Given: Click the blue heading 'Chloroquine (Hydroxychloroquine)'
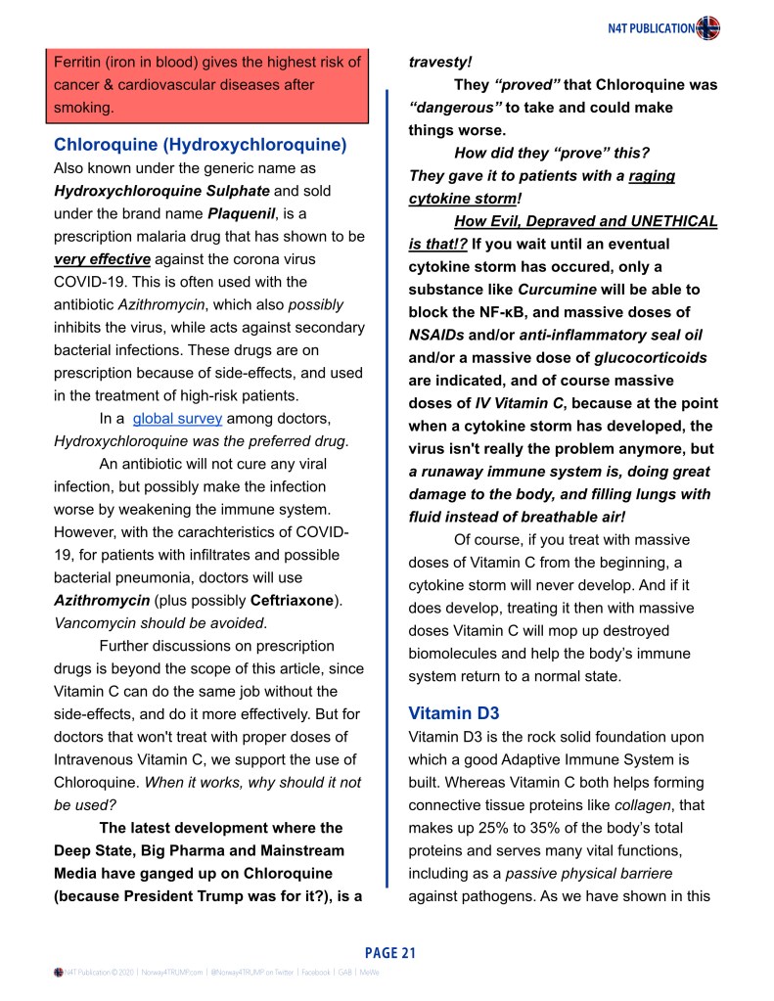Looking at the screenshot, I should click(201, 145).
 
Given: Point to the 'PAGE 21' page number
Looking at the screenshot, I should click(390, 952).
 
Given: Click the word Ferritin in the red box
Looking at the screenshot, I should click(78, 63).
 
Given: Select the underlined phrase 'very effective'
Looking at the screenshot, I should click(102, 258).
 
